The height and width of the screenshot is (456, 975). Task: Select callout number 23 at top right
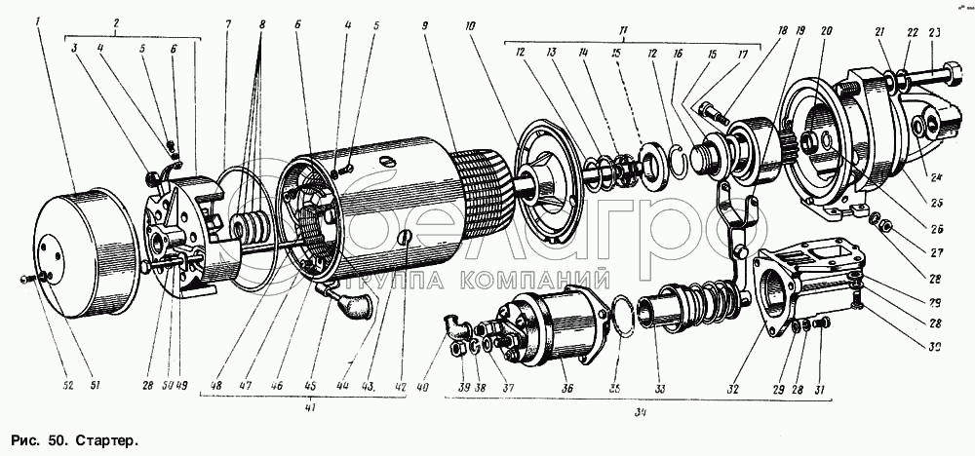point(935,31)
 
